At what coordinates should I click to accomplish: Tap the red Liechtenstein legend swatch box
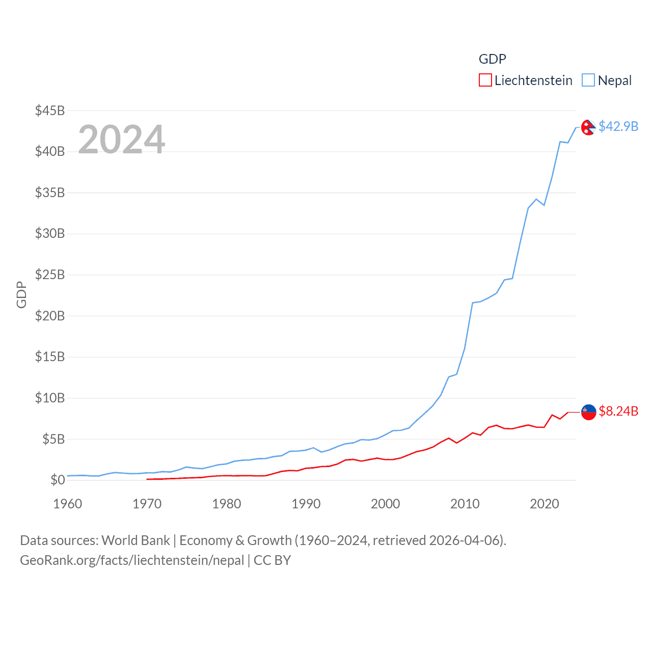485,80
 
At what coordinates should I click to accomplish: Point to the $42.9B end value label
618,126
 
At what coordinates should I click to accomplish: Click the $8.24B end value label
618,411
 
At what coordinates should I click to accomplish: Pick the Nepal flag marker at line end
588,127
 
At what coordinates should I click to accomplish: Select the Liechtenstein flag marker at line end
588,412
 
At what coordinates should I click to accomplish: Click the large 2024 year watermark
122,140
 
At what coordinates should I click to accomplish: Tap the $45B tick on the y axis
50,111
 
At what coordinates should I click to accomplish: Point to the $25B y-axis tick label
50,275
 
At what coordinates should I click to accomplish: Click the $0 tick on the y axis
58,480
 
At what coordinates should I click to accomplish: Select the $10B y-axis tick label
50,398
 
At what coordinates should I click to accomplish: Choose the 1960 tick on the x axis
68,504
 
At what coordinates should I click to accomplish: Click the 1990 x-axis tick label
306,504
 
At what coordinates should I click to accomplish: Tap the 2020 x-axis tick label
545,504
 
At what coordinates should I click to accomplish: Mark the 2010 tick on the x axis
465,504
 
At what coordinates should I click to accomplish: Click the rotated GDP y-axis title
21,294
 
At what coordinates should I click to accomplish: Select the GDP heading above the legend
493,59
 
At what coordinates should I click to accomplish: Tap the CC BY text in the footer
272,560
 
